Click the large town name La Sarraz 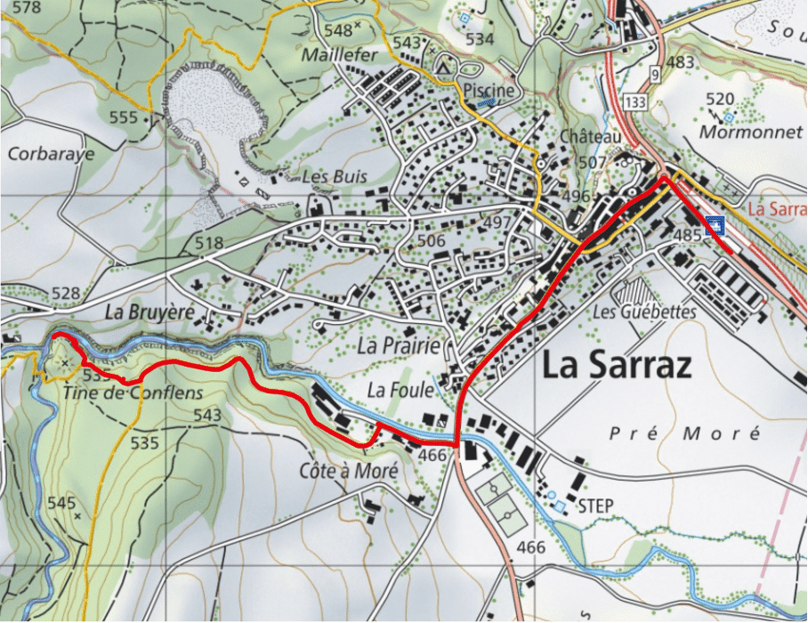(x=616, y=366)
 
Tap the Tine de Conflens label (x=133, y=392)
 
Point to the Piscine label (x=489, y=91)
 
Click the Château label (x=590, y=136)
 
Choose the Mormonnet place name (x=739, y=132)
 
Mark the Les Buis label (x=334, y=176)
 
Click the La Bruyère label (x=149, y=312)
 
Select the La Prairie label (x=399, y=346)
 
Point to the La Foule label (x=400, y=390)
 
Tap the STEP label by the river (x=596, y=506)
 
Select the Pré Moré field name (x=685, y=433)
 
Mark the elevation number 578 (x=28, y=7)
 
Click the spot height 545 (x=61, y=503)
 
